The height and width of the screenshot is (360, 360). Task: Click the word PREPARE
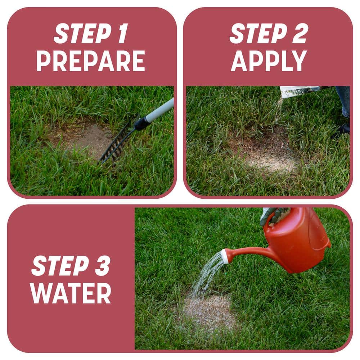(90, 60)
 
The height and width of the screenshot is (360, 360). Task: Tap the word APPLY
(269, 60)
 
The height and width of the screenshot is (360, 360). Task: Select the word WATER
(70, 293)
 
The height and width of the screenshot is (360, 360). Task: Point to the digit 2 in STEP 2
(300, 34)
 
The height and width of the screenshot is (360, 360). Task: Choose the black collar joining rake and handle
(142, 123)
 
